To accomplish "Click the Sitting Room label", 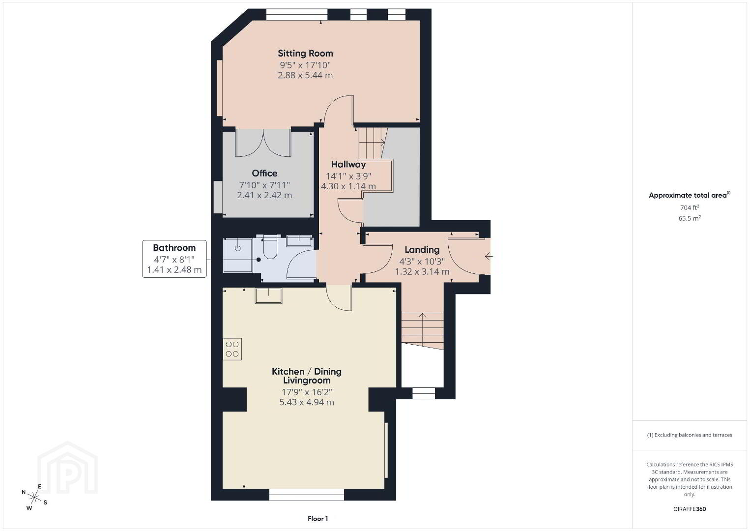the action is (x=305, y=53).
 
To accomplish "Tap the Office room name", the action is (x=264, y=173).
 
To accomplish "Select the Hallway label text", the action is (x=348, y=165).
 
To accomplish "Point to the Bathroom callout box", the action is (x=174, y=259).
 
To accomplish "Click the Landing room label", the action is (x=422, y=250).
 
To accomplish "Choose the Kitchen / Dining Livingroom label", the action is (x=306, y=376).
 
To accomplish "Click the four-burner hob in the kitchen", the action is (x=232, y=349).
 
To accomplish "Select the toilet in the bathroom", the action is (x=270, y=247).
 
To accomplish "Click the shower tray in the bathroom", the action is (x=238, y=255).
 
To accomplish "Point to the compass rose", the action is (x=34, y=497).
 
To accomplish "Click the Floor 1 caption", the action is (x=318, y=519).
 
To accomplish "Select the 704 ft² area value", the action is (x=690, y=207).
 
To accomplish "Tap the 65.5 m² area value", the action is (x=690, y=218).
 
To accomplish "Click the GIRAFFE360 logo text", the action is (x=690, y=509).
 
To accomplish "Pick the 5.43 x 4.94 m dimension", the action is (x=307, y=402).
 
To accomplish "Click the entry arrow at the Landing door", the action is (x=489, y=256).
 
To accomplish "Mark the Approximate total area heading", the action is (x=690, y=195).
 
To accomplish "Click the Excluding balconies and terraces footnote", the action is (x=690, y=435).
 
